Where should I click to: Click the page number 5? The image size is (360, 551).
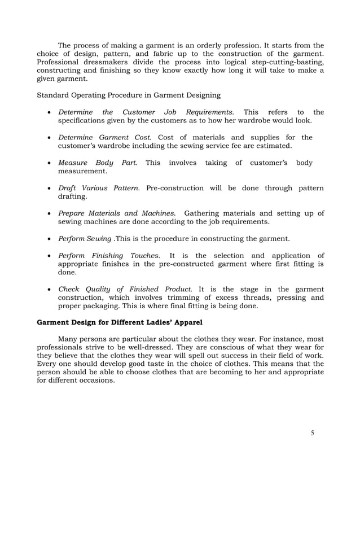pyautogui.click(x=312, y=433)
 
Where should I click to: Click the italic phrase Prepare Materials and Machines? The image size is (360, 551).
pyautogui.click(x=116, y=213)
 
